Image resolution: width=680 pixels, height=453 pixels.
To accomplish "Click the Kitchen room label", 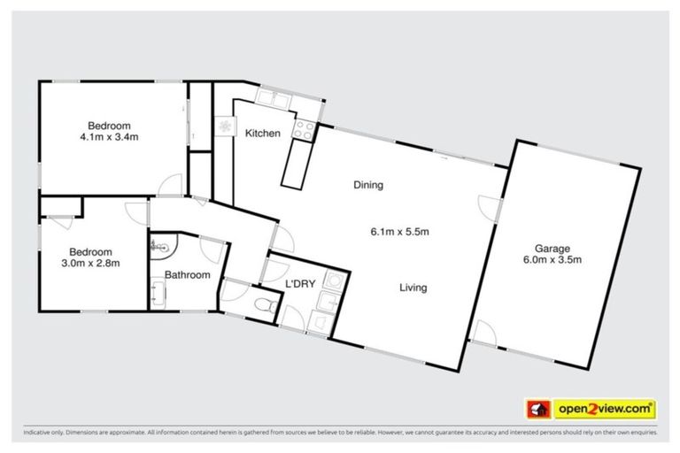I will (263, 134).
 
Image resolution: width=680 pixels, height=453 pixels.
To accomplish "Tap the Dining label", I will (368, 185).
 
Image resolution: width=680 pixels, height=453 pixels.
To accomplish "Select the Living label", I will (413, 288).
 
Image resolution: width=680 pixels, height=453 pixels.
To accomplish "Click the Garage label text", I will (551, 249).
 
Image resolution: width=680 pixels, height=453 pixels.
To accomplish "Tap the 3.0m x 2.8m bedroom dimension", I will (91, 263).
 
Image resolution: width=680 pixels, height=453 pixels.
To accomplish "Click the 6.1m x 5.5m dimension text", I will (399, 233).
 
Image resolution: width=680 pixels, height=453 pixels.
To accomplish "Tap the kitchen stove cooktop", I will (305, 130).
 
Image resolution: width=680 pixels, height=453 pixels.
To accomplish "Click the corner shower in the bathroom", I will (162, 245).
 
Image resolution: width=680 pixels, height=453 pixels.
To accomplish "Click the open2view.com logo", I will (605, 409).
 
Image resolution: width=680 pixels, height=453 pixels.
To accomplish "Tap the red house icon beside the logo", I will (537, 409).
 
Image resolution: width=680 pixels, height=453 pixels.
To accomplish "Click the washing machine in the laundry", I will (335, 281).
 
